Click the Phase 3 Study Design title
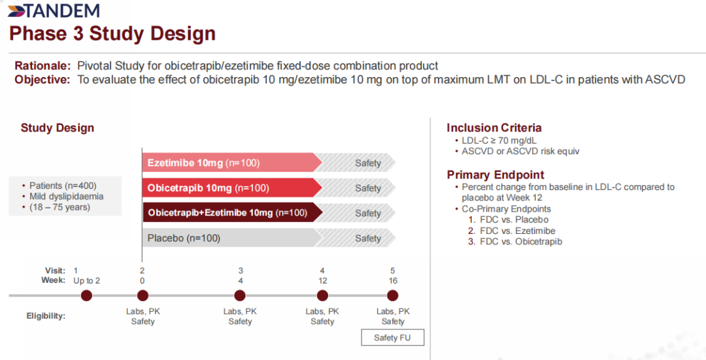click(112, 33)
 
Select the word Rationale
click(42, 66)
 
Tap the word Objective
click(42, 80)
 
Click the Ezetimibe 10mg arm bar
click(229, 163)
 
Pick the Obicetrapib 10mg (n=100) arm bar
click(229, 188)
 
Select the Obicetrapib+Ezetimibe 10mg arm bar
click(229, 213)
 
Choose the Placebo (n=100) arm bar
click(229, 238)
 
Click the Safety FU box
click(393, 338)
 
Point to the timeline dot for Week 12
click(322, 295)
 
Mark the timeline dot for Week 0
click(143, 295)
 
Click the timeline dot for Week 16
click(393, 295)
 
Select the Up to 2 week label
click(86, 281)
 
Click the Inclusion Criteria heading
click(494, 128)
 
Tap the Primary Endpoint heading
click(496, 174)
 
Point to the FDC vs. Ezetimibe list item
click(511, 231)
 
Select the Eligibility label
click(46, 316)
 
